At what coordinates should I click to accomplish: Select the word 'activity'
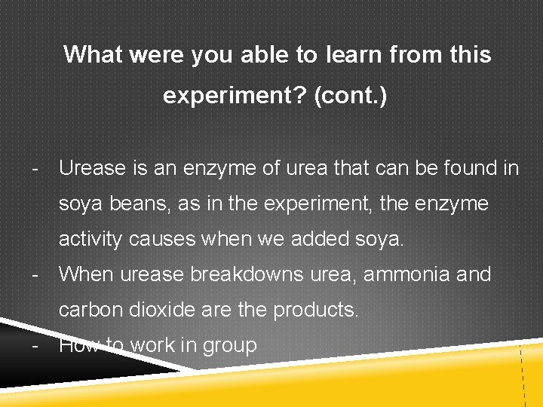click(91, 240)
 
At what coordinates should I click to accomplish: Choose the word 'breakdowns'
click(247, 275)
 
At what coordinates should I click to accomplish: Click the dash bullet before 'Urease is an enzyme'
click(35, 169)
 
